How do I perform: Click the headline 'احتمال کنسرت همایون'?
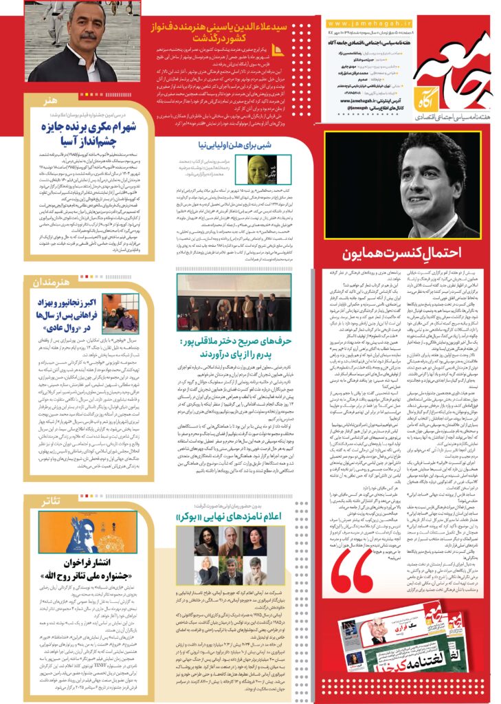(403, 262)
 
